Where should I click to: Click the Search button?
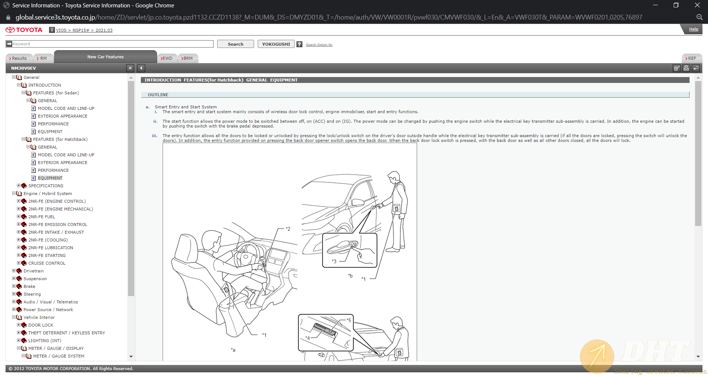tap(235, 44)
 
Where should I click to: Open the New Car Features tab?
tap(105, 57)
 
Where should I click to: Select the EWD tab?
tap(167, 58)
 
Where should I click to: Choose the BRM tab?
tap(188, 58)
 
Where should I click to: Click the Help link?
tap(694, 29)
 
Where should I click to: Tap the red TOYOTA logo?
tap(24, 30)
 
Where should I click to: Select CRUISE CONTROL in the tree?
tap(47, 263)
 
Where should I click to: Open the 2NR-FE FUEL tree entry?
tap(42, 217)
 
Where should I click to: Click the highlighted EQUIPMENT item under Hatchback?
tap(50, 178)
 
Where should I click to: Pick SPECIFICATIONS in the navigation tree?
tap(46, 186)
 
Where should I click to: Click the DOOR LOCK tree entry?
tap(41, 325)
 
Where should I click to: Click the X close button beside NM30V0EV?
tap(130, 68)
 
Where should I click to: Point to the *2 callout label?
tap(288, 229)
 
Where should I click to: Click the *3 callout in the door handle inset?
tap(334, 261)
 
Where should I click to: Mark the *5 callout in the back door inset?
tap(349, 320)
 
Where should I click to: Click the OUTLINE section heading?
tap(158, 95)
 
